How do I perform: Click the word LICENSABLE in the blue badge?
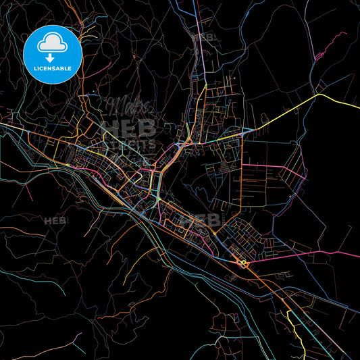(x=53, y=68)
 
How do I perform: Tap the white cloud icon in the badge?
(x=53, y=42)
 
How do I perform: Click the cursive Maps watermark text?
(x=128, y=106)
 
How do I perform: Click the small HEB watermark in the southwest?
(x=56, y=221)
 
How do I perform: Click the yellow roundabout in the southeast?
(x=242, y=263)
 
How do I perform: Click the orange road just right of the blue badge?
(x=88, y=74)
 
